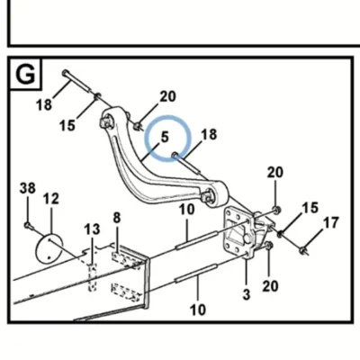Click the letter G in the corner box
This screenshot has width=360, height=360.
click(x=25, y=75)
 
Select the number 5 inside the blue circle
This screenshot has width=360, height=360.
click(x=165, y=137)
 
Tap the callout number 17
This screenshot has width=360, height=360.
click(x=331, y=223)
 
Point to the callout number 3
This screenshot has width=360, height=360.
click(x=247, y=294)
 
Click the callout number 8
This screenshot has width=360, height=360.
click(x=117, y=218)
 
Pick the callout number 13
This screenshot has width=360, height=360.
click(x=92, y=229)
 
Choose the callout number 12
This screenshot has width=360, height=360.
click(x=51, y=199)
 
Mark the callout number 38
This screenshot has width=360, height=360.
click(x=28, y=188)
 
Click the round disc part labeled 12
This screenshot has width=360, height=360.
click(x=48, y=247)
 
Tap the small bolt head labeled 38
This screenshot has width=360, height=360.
click(x=27, y=224)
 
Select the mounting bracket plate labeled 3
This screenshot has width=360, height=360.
click(x=238, y=232)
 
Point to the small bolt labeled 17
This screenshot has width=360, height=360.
click(x=303, y=250)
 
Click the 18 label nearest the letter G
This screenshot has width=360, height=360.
click(x=44, y=105)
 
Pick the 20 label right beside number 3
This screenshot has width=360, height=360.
click(x=270, y=286)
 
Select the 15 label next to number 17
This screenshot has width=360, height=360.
click(x=310, y=208)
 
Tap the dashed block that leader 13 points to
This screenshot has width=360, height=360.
click(x=93, y=277)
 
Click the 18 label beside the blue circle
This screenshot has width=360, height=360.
click(x=209, y=134)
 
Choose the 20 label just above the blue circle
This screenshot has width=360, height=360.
click(x=167, y=96)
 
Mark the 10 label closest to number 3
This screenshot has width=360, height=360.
click(x=198, y=310)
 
